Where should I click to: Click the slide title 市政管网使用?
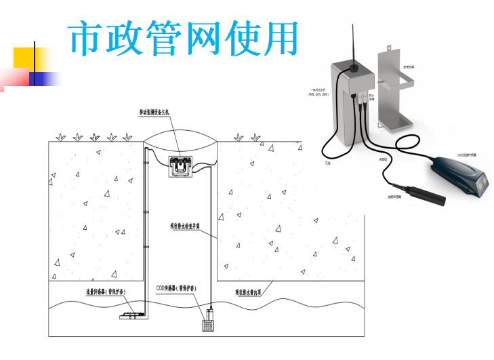[184, 39]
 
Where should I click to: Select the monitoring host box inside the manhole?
[180, 165]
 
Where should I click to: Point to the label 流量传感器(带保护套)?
[106, 292]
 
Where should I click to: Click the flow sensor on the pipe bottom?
[130, 315]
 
